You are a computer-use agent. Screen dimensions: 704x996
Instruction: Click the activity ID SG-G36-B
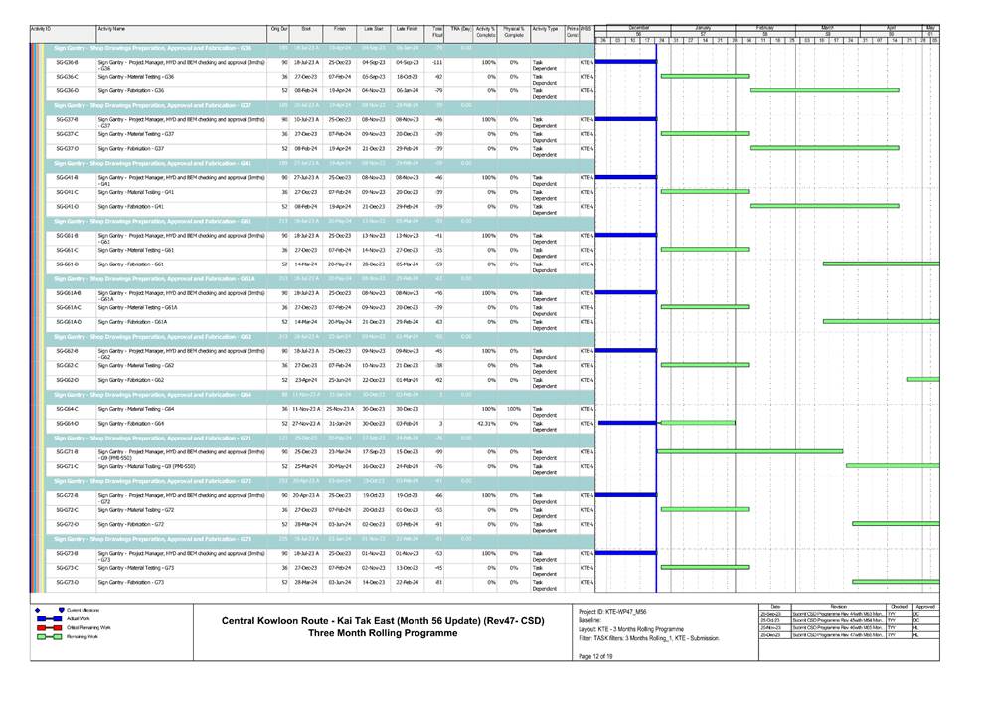(68, 62)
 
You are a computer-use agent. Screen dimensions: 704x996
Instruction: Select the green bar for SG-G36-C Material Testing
(705, 76)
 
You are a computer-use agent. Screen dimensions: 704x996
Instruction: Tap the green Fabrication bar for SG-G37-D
(824, 148)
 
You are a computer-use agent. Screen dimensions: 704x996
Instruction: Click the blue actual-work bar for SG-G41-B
(625, 177)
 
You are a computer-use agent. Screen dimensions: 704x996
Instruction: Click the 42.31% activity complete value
(486, 424)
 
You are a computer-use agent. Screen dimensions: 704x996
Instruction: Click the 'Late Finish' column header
(407, 30)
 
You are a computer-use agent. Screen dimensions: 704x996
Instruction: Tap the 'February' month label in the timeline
(765, 27)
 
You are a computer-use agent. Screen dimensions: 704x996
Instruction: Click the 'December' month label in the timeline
(638, 27)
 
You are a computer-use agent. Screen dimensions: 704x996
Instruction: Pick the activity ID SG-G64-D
(68, 424)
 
